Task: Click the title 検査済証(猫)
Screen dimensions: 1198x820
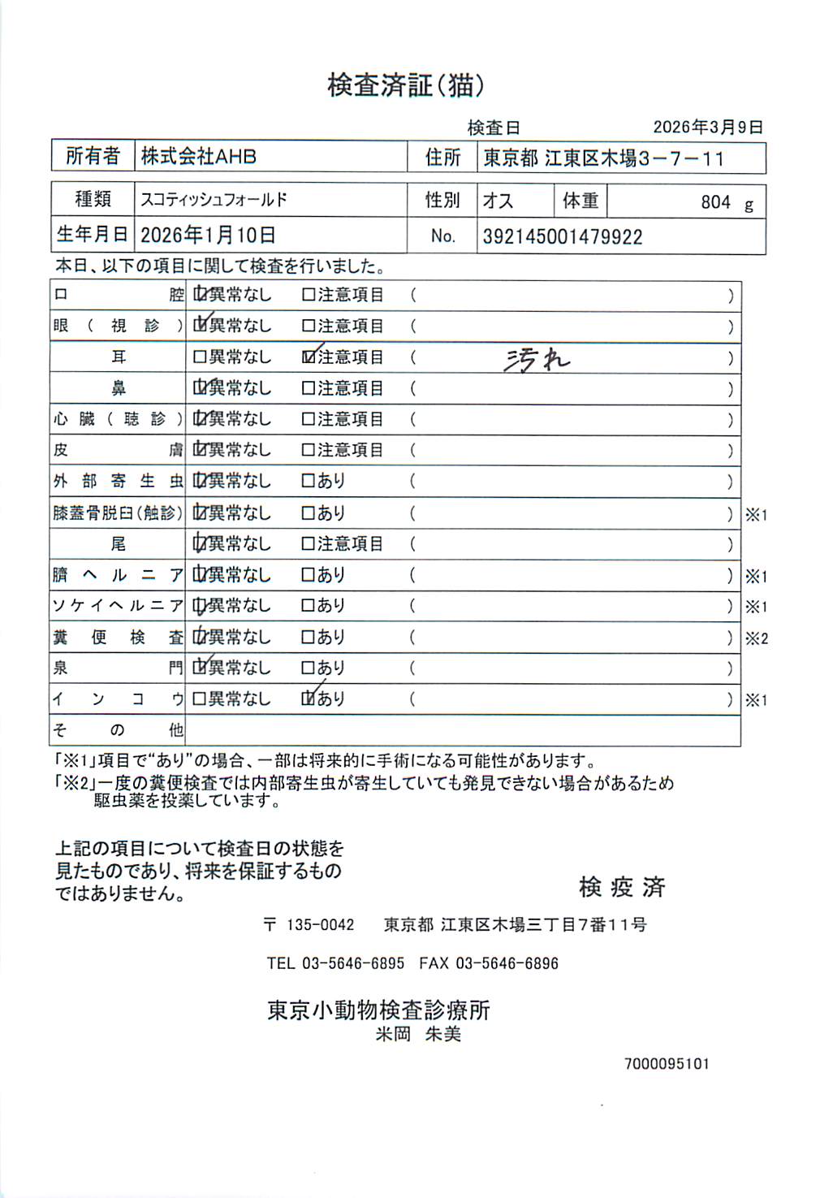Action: point(406,84)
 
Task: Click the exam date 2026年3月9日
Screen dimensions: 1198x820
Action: point(708,128)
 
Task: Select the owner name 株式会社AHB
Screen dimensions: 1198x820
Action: point(199,156)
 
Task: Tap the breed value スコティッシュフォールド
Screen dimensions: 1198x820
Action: point(214,200)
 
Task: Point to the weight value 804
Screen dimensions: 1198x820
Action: point(715,202)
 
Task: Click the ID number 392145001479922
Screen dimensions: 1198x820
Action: point(563,237)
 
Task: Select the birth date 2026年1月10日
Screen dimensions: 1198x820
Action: point(208,236)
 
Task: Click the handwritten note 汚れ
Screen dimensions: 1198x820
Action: point(537,359)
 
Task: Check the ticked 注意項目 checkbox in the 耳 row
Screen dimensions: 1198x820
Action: point(309,357)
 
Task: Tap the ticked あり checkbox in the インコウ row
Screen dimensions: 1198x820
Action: point(309,698)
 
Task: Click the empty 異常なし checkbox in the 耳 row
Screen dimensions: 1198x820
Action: point(200,357)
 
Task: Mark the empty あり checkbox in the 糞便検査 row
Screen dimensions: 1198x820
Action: point(309,638)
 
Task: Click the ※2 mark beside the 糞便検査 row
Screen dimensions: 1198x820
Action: point(757,638)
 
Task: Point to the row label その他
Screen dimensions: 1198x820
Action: point(118,730)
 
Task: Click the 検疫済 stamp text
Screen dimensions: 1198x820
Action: point(622,887)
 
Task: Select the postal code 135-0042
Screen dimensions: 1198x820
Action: point(321,925)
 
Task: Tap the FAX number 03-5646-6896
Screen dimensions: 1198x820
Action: point(507,963)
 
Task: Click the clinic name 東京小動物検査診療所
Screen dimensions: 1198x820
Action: point(379,1010)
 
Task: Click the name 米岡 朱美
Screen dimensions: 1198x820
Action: point(418,1034)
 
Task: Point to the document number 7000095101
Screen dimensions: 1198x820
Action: point(667,1064)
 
